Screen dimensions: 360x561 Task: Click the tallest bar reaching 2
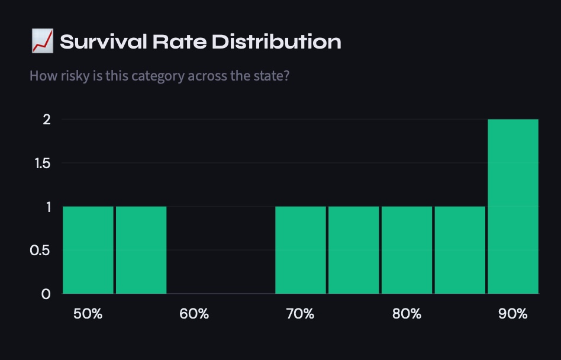513,206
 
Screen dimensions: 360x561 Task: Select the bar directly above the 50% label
88,250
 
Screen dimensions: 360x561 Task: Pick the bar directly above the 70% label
301,250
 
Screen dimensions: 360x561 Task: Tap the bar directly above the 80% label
407,250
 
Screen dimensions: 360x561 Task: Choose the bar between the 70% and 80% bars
354,250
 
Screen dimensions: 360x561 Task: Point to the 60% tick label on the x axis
194,314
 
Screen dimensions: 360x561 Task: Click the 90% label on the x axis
512,314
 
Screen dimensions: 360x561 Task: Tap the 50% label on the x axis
88,314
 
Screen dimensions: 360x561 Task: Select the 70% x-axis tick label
300,314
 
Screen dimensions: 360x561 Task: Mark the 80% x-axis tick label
407,314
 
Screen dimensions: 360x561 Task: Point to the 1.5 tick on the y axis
40,163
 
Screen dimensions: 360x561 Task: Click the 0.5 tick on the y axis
40,250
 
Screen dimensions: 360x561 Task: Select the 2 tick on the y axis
47,120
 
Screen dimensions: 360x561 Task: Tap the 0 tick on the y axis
46,294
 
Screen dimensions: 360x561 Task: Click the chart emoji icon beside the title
41,42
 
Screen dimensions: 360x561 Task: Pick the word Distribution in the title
276,42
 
